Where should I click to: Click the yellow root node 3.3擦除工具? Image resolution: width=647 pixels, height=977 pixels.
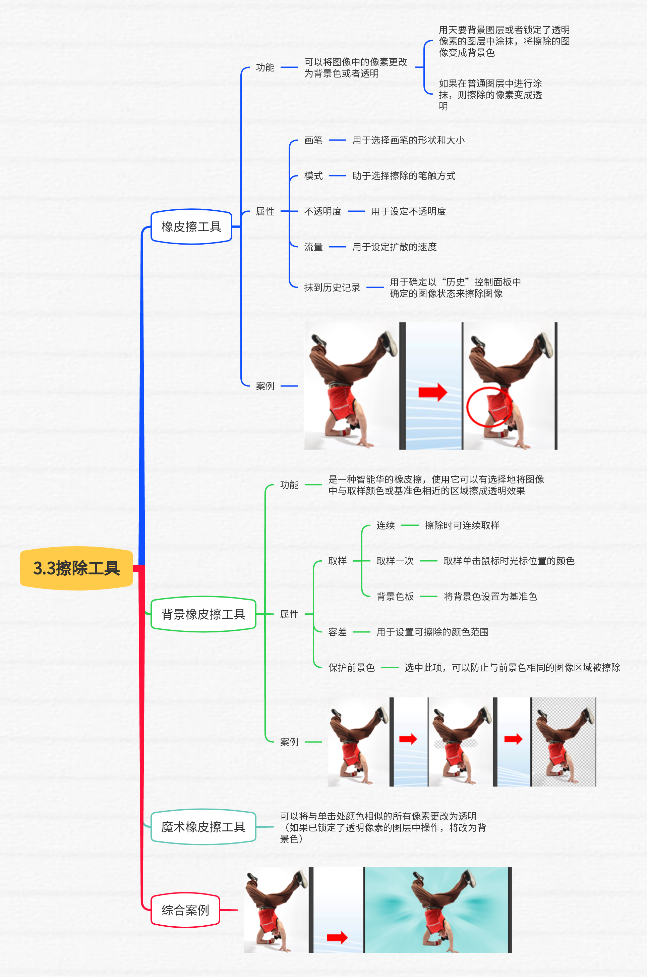point(76,568)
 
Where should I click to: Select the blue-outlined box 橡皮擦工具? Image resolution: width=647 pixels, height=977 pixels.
point(191,227)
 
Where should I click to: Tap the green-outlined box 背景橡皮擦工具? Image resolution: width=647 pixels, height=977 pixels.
point(203,614)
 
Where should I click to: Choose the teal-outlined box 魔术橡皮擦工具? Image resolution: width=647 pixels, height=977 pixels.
point(203,827)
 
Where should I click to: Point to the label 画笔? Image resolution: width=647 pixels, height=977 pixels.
point(313,140)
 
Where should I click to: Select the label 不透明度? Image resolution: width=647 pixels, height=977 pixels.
point(323,211)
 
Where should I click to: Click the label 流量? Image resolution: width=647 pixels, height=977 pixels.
point(313,247)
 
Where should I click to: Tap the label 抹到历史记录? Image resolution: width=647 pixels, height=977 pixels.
point(332,288)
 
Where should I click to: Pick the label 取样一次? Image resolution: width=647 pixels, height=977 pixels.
point(395,561)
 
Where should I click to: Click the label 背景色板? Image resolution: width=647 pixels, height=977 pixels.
point(395,596)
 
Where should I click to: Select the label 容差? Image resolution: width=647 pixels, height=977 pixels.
point(337,632)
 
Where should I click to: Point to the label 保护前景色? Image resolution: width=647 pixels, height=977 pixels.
point(351,667)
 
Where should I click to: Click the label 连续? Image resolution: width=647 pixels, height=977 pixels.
point(386,525)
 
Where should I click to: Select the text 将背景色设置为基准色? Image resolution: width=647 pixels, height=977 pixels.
point(490,596)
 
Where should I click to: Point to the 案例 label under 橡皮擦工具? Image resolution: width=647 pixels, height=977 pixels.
point(265,386)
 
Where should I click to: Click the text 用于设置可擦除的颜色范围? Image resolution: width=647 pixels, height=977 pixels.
point(432,632)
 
